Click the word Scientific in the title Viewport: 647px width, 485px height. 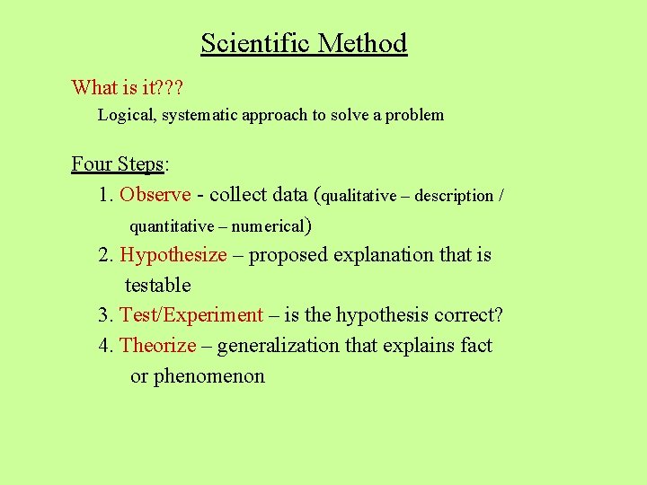(255, 43)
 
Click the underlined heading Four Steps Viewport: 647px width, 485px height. (118, 164)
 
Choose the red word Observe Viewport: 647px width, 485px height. (155, 194)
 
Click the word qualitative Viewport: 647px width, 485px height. (359, 196)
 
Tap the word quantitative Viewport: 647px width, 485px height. (172, 226)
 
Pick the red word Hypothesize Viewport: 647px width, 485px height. (173, 255)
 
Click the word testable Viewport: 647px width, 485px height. (158, 286)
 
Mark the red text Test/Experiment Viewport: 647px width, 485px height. (191, 315)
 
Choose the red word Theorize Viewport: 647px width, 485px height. (158, 346)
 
